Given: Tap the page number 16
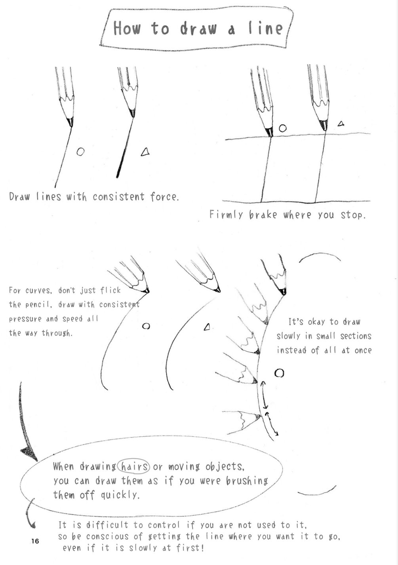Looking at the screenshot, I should (x=35, y=541).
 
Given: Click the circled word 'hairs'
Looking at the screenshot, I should (x=134, y=466).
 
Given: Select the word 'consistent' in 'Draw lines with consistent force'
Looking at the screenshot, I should (x=118, y=197).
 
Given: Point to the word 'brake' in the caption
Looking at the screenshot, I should (x=263, y=215).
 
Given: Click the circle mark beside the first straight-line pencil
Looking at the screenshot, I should (x=80, y=152).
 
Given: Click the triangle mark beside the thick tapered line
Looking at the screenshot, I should (x=145, y=151).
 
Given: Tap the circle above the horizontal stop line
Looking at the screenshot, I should (x=282, y=128).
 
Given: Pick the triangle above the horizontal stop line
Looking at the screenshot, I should (x=341, y=124).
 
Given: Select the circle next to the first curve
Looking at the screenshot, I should (x=146, y=326).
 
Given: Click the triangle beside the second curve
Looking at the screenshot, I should (x=207, y=327).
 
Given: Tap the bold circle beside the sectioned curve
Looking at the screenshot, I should (x=280, y=373).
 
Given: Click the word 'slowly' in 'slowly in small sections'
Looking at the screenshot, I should (x=288, y=336).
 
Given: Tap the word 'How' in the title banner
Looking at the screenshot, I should (x=127, y=29).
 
